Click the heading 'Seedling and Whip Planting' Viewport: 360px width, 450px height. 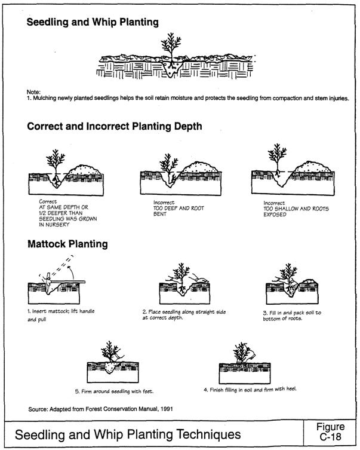pos(93,22)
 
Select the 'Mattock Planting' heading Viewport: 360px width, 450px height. pos(67,244)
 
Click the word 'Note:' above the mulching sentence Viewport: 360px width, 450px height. pos(33,91)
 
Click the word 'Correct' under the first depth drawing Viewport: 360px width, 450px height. pos(48,201)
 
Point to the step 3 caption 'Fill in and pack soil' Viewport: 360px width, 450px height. pos(294,315)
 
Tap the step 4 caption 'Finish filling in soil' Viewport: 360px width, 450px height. pos(249,388)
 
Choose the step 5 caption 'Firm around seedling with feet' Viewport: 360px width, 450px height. pos(114,391)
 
